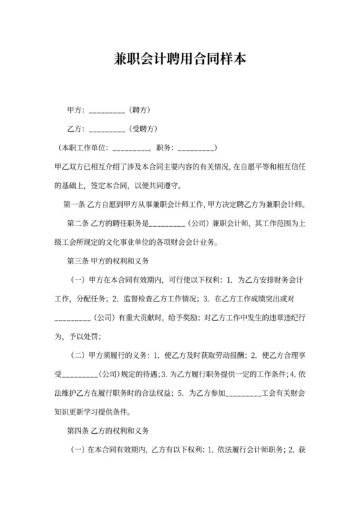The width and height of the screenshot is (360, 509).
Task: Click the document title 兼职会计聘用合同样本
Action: (x=179, y=60)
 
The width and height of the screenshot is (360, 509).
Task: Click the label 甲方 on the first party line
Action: (x=75, y=109)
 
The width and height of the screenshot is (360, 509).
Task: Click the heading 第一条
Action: (x=76, y=206)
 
